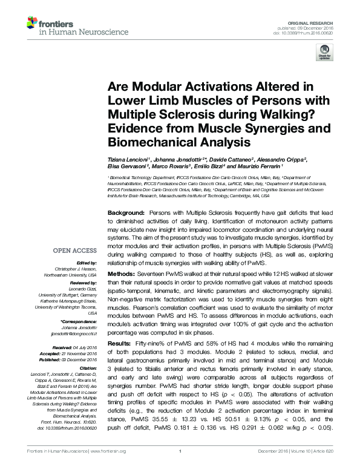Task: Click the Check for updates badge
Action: point(323,56)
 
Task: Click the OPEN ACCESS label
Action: point(74,251)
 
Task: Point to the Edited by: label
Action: point(85,264)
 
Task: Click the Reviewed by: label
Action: point(83,283)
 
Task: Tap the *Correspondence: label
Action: point(79,321)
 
